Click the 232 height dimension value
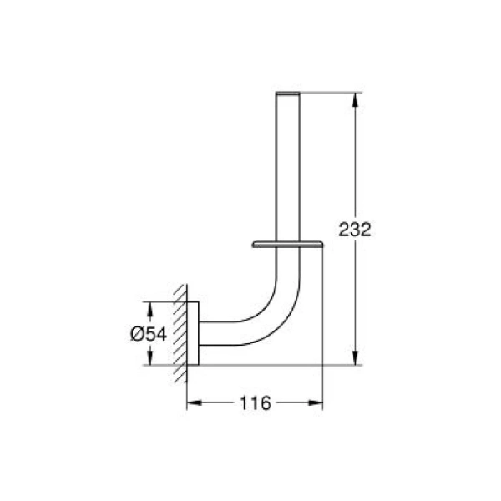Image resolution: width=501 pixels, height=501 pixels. [355, 230]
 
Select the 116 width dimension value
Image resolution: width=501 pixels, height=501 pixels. [255, 404]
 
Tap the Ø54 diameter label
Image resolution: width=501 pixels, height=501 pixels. [149, 333]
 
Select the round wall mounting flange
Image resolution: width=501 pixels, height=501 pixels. [193, 332]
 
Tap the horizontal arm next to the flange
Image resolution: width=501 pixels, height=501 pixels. [221, 332]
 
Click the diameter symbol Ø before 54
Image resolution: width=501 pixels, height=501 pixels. [138, 333]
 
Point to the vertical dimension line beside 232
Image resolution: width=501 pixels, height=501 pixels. [357, 167]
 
